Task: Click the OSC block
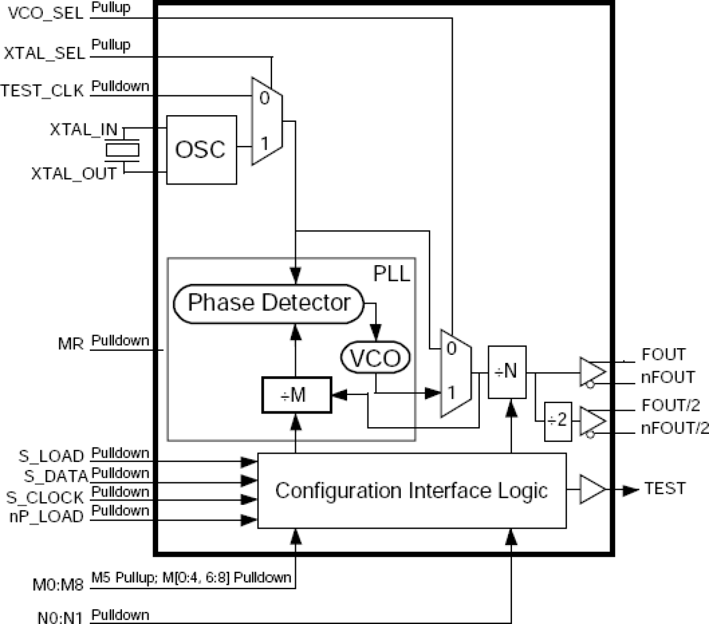201,150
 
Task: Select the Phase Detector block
268,303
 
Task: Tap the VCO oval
375,358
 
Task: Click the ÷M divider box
296,395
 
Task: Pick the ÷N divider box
507,372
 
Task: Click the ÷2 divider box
558,421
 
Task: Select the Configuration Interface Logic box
412,490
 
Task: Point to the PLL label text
391,274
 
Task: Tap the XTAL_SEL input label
44,53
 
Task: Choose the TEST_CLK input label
42,90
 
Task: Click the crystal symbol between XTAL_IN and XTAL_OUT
122,150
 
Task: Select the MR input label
71,344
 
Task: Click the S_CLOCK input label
45,498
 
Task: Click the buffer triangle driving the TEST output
592,489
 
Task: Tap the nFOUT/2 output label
674,429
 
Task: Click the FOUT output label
663,354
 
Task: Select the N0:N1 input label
60,617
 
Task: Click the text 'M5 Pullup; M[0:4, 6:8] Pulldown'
191,578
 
